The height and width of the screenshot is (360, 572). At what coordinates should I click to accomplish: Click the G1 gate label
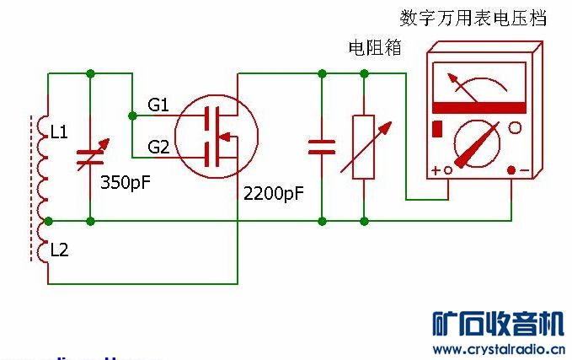[x=158, y=105]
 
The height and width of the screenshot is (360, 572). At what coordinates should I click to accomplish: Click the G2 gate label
[x=158, y=148]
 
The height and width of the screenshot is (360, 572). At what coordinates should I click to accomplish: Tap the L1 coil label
[x=59, y=132]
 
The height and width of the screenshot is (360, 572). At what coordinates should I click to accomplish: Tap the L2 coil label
[x=59, y=250]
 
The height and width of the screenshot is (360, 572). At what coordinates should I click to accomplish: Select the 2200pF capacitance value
[x=273, y=194]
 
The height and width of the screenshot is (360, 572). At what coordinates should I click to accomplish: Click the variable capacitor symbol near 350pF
[x=90, y=155]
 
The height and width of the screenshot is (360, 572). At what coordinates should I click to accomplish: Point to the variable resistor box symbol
[x=364, y=146]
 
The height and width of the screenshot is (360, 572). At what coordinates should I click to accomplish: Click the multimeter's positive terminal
[x=448, y=170]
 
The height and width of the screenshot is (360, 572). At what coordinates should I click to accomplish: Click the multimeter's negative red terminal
[x=511, y=170]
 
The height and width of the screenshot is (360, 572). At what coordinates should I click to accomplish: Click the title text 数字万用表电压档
[x=473, y=18]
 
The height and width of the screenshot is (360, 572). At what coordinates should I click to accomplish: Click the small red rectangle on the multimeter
[x=437, y=129]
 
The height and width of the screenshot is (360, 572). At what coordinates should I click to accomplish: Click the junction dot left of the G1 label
[x=132, y=115]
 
